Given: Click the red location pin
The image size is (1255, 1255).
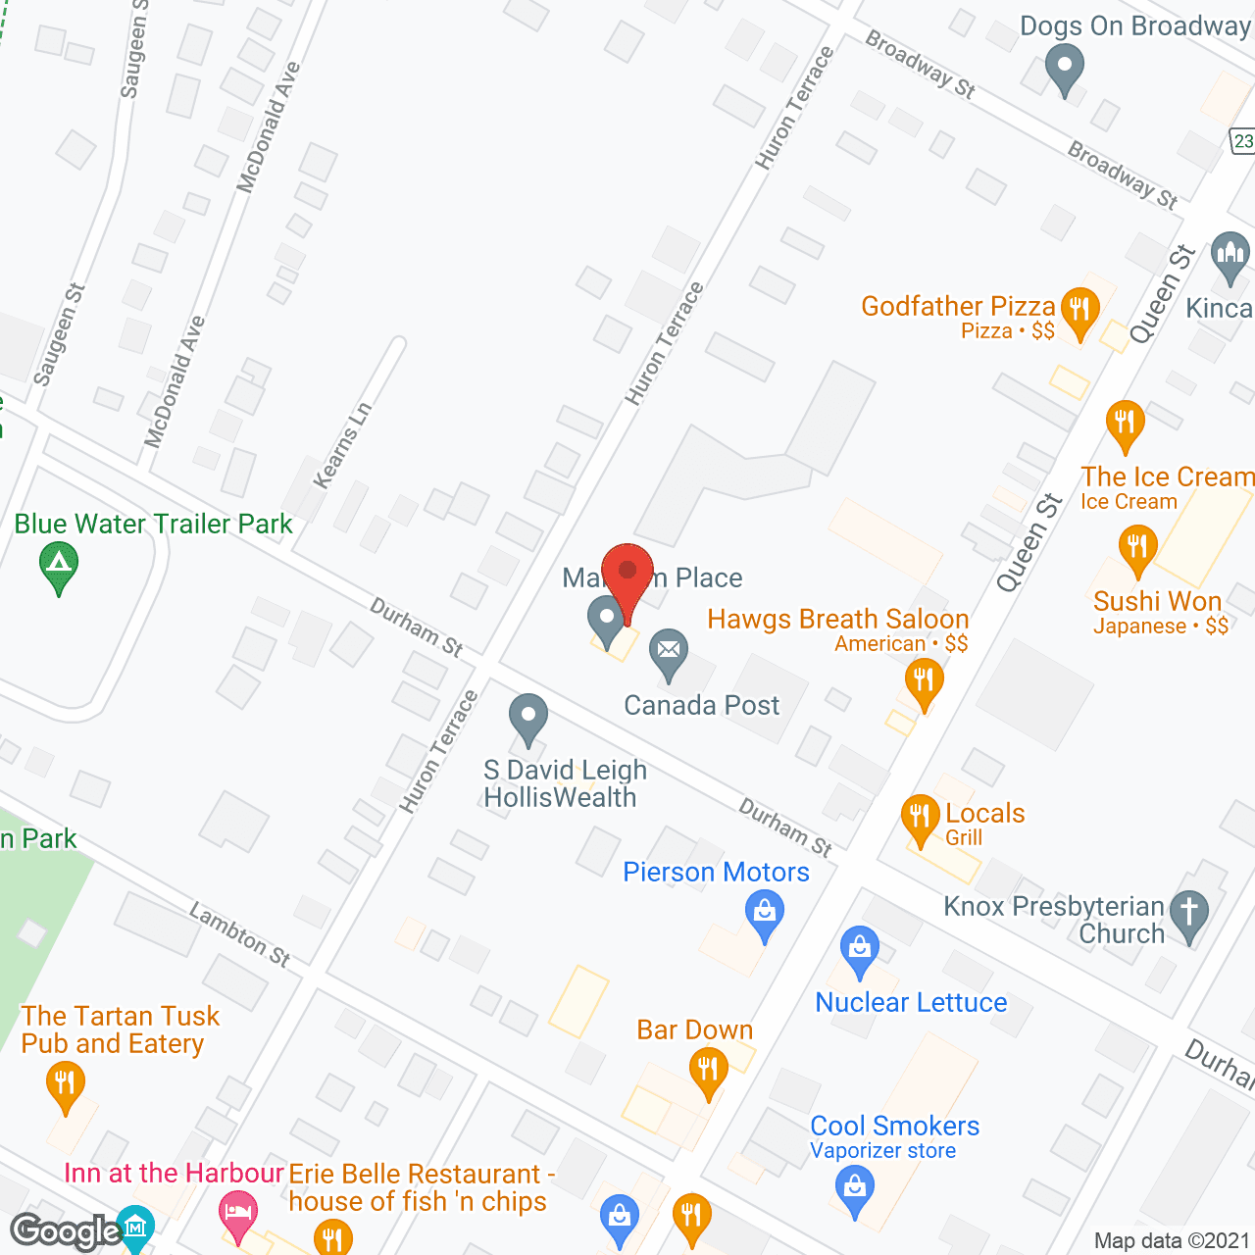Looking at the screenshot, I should [x=627, y=574].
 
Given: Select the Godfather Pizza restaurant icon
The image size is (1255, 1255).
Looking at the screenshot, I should [x=1079, y=310].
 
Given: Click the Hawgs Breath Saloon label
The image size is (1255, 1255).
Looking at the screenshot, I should [x=837, y=620].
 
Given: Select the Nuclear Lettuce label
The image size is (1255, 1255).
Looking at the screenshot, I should [x=911, y=1002].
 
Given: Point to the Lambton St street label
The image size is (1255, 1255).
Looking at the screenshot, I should [x=240, y=934].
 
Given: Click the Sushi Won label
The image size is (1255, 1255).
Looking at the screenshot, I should [x=1157, y=601].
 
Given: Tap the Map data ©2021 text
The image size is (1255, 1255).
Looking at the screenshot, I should [x=1172, y=1240].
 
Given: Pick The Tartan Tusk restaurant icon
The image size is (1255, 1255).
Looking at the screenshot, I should [x=65, y=1084].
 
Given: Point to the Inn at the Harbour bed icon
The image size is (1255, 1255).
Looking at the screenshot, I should [x=236, y=1211].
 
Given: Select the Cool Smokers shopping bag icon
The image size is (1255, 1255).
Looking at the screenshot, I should [x=855, y=1187].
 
